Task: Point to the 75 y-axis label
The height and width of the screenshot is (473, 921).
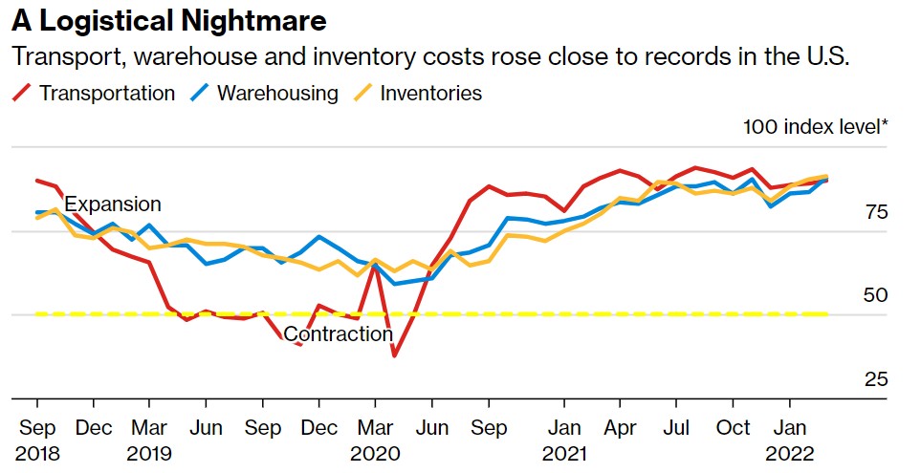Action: (x=875, y=212)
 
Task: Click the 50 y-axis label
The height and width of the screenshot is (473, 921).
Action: (x=875, y=295)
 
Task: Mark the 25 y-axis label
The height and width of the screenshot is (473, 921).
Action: (x=875, y=379)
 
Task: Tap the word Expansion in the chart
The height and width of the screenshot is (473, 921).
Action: (x=113, y=204)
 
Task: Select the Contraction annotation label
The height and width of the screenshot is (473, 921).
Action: (x=339, y=334)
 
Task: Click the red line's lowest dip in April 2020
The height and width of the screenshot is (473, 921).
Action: (x=394, y=356)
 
